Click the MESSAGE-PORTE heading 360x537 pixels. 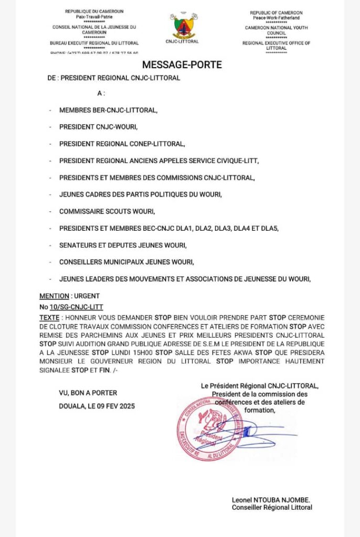(x=182, y=65)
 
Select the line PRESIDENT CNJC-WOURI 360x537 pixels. (x=98, y=126)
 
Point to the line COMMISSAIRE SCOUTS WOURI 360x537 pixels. (x=107, y=211)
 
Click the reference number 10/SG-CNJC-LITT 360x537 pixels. (x=77, y=307)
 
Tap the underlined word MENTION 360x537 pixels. (x=52, y=296)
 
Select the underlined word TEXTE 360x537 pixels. (x=49, y=318)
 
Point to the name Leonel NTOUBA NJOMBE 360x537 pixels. (x=271, y=500)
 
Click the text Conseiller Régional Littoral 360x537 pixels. (x=272, y=507)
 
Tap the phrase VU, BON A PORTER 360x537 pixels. (x=88, y=392)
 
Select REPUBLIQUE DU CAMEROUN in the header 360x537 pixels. (x=94, y=12)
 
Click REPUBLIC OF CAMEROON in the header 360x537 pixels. (x=276, y=13)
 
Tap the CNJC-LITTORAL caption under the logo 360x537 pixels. (x=183, y=41)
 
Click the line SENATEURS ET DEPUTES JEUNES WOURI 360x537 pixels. (x=123, y=245)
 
